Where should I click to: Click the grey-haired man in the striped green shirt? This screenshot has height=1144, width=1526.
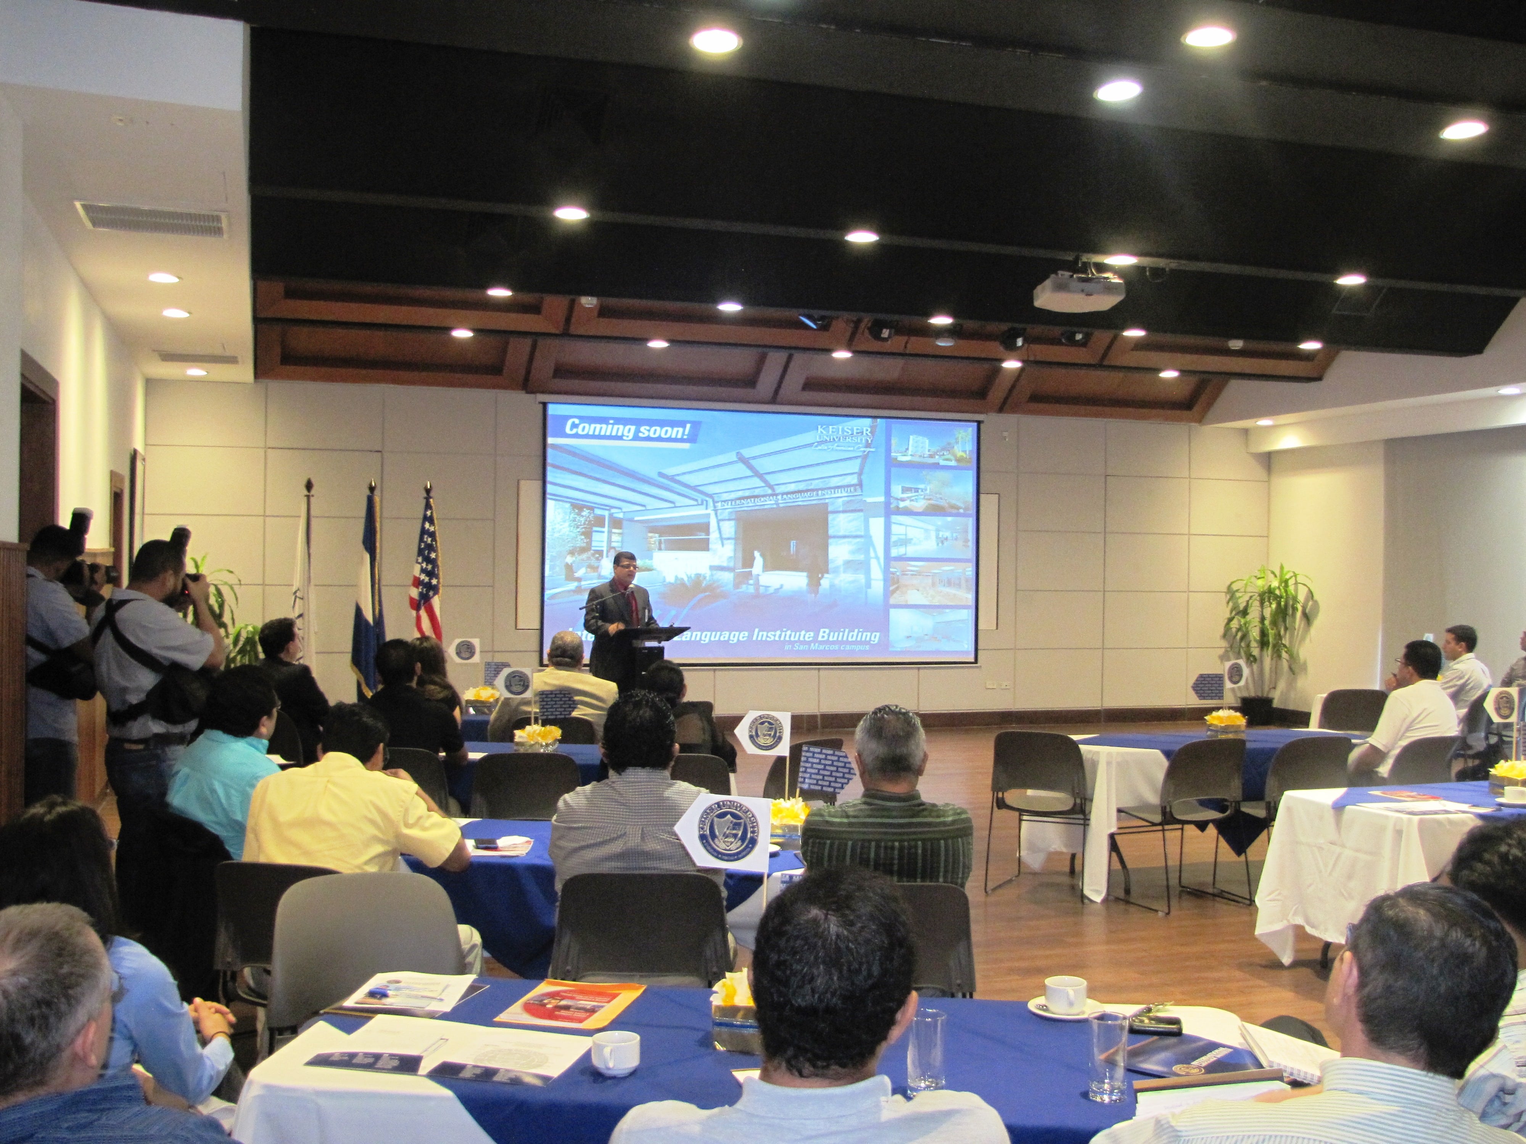887,814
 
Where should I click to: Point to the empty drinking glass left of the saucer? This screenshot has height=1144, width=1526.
926,1052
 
